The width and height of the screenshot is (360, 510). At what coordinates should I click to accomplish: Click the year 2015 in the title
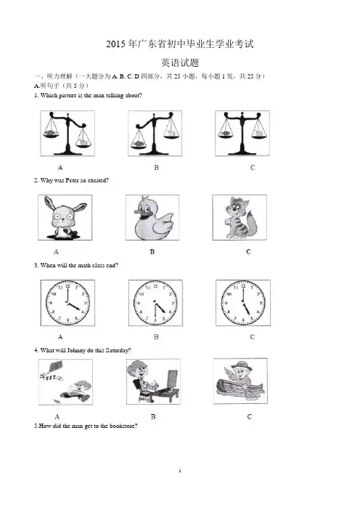click(115, 44)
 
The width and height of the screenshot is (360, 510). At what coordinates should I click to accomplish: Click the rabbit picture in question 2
click(65, 218)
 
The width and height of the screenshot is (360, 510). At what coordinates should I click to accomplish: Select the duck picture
click(152, 218)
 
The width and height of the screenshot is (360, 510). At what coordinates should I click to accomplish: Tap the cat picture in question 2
click(240, 217)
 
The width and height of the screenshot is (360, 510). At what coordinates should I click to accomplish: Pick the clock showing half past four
click(155, 303)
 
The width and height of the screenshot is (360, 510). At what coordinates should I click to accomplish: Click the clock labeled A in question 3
click(67, 303)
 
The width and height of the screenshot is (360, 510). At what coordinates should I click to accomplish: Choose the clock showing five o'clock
click(243, 303)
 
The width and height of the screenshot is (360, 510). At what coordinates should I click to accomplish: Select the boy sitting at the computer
click(153, 381)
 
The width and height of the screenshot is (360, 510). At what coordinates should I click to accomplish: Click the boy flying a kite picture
click(65, 382)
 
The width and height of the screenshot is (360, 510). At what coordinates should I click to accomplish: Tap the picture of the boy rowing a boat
click(240, 381)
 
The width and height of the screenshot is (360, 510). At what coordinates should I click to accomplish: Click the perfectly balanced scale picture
click(242, 134)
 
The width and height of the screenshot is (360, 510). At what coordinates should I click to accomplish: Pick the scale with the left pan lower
click(155, 134)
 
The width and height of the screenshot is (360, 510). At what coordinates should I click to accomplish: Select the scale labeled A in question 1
click(67, 134)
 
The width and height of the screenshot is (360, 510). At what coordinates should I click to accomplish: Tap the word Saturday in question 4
click(118, 350)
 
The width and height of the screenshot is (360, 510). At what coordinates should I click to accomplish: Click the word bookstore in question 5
click(123, 426)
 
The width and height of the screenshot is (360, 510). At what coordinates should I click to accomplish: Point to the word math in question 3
click(84, 265)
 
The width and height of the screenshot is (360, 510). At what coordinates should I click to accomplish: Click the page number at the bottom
click(180, 471)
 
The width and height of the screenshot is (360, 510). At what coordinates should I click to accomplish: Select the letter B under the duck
click(152, 252)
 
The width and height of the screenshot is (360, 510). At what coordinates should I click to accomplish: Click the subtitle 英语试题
click(180, 62)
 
